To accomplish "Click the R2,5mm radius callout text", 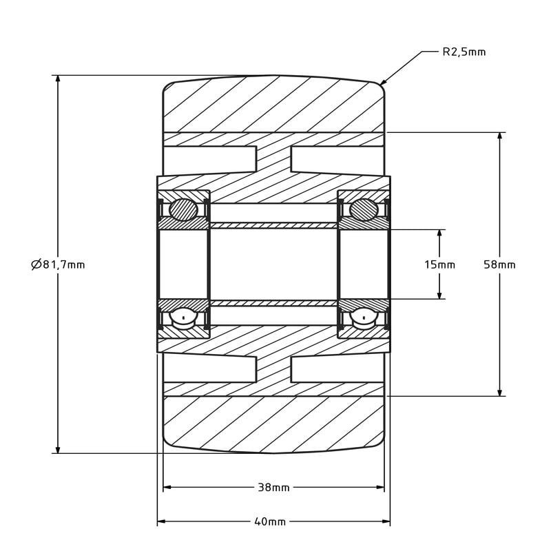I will pyautogui.click(x=464, y=52).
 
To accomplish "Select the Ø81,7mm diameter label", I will pyautogui.click(x=59, y=264).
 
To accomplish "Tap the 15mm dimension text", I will pyautogui.click(x=439, y=264).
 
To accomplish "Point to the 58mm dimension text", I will pyautogui.click(x=499, y=264).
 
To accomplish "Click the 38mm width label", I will pyautogui.click(x=273, y=488).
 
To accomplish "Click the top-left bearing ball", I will pyautogui.click(x=184, y=209).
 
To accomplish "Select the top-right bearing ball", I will pyautogui.click(x=364, y=209).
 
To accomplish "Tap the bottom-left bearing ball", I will pyautogui.click(x=184, y=318).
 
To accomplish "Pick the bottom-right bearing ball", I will pyautogui.click(x=364, y=318).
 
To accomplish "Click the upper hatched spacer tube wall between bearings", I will pyautogui.click(x=273, y=225).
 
